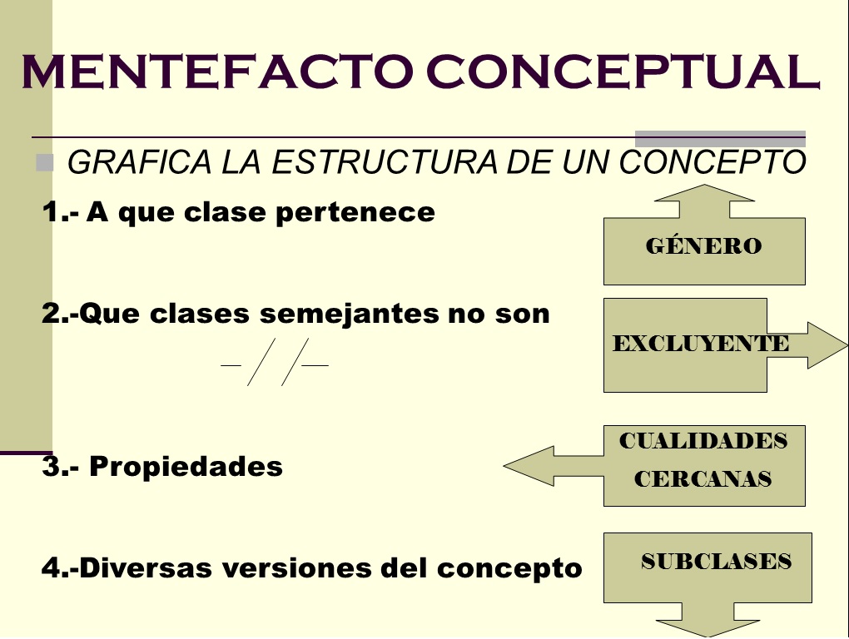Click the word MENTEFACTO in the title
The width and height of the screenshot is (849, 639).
217,72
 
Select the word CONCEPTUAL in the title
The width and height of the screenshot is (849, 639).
623,72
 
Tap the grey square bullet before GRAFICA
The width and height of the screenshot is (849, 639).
45,163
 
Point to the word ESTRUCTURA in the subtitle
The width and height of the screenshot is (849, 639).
384,161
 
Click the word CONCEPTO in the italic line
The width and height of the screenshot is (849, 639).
712,161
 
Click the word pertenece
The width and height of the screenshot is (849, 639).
355,213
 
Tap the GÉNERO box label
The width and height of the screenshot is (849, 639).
704,245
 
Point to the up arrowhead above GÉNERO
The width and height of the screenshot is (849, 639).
704,193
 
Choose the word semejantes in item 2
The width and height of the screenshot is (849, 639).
350,315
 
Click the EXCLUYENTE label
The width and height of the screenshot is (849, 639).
701,344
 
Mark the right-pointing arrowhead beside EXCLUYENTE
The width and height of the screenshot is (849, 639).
827,345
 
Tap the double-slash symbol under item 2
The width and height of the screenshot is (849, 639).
275,362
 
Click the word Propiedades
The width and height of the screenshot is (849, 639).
186,467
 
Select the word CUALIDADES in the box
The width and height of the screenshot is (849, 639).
703,441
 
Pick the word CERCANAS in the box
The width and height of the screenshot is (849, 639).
703,479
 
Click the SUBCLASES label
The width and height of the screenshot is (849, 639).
716,562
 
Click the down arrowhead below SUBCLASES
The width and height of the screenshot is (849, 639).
707,629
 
